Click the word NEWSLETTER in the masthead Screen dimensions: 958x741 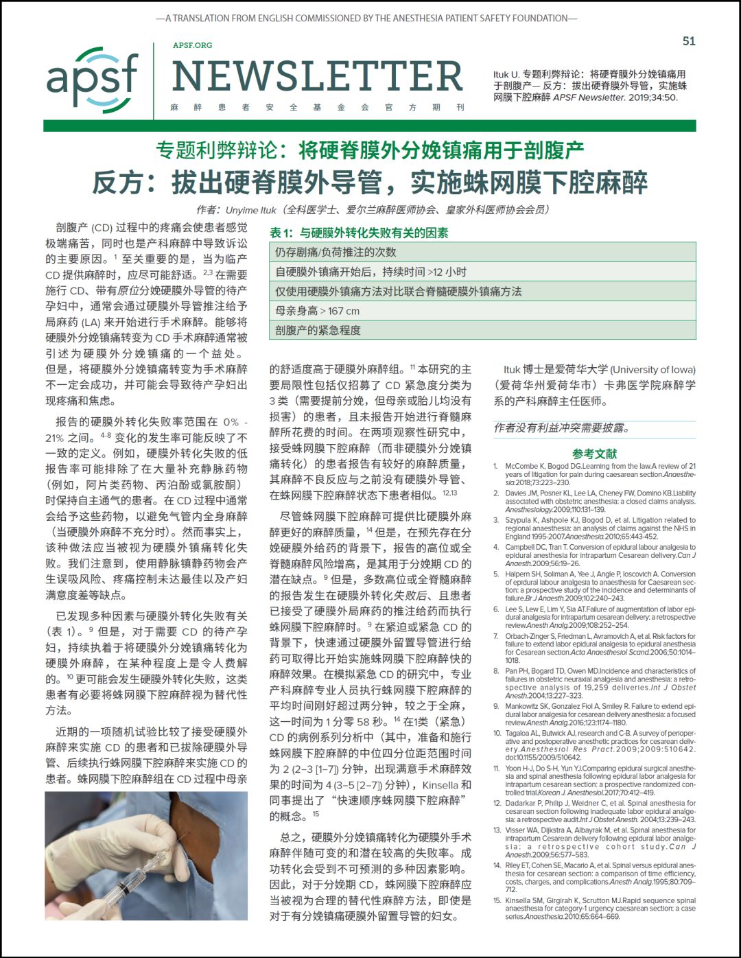tap(318, 76)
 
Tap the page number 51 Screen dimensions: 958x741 tap(689, 41)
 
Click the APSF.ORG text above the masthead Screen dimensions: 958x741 tap(192, 45)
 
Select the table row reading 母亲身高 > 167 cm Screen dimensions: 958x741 tap(482, 311)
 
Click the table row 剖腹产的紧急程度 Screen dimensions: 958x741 tap(482, 330)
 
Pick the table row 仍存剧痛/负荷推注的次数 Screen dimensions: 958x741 tap(482, 252)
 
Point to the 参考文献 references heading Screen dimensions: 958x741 tap(594, 454)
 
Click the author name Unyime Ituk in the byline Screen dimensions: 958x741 tap(250, 210)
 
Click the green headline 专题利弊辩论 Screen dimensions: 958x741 tap(370, 150)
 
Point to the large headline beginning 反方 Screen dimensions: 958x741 tap(370, 183)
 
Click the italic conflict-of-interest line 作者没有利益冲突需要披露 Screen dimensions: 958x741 tap(562, 428)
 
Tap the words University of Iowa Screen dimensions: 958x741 tap(652, 369)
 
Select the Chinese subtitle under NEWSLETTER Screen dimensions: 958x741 tap(318, 107)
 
